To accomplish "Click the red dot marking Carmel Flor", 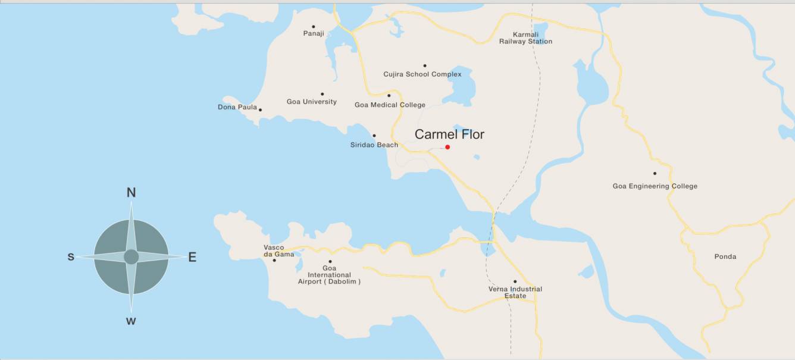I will pyautogui.click(x=447, y=147).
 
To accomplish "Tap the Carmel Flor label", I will pyautogui.click(x=449, y=134).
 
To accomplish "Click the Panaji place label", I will pyautogui.click(x=314, y=33).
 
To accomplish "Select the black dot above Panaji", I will pyautogui.click(x=314, y=26).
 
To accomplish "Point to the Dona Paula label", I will pyautogui.click(x=237, y=107).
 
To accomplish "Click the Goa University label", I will pyautogui.click(x=311, y=102).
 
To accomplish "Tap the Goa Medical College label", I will pyautogui.click(x=390, y=105).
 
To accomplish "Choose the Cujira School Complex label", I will pyautogui.click(x=422, y=74).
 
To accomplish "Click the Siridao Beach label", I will pyautogui.click(x=374, y=145).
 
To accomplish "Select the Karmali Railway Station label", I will pyautogui.click(x=525, y=38).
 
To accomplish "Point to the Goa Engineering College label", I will pyautogui.click(x=655, y=186).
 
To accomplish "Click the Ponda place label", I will pyautogui.click(x=725, y=256).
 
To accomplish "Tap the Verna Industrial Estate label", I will pyautogui.click(x=515, y=292).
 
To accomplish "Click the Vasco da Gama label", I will pyautogui.click(x=274, y=251).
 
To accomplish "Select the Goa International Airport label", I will pyautogui.click(x=329, y=275).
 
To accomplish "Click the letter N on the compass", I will pyautogui.click(x=132, y=192).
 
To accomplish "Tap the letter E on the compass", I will pyautogui.click(x=192, y=257).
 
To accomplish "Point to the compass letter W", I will pyautogui.click(x=131, y=321).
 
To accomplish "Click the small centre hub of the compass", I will pyautogui.click(x=132, y=257).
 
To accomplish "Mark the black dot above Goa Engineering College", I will pyautogui.click(x=655, y=174).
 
